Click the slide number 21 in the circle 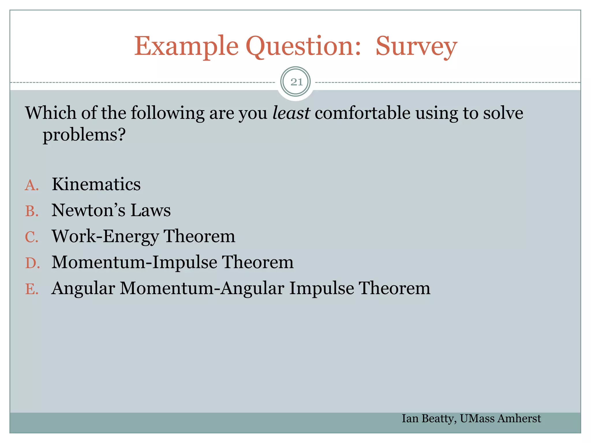click(296, 82)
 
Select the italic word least click(291, 113)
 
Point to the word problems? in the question click(84, 135)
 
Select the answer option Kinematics click(96, 184)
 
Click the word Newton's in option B click(88, 210)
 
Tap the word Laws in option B click(150, 210)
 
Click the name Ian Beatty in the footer click(429, 418)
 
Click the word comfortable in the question click(362, 113)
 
